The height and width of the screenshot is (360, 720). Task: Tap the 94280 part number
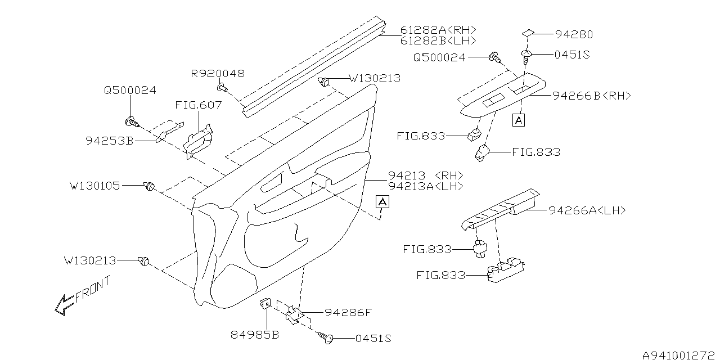pyautogui.click(x=573, y=34)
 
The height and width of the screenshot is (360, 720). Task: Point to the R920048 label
pyautogui.click(x=218, y=74)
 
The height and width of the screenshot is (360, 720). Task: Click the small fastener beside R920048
pyautogui.click(x=222, y=87)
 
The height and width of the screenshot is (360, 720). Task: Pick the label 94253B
pyautogui.click(x=110, y=141)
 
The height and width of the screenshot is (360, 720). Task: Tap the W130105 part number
pyautogui.click(x=94, y=185)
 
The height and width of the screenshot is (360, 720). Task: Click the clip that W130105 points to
pyautogui.click(x=149, y=187)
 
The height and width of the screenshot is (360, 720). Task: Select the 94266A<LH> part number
pyautogui.click(x=587, y=210)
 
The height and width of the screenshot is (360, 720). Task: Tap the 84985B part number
pyautogui.click(x=255, y=336)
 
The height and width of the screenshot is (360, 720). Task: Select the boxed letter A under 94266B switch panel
pyautogui.click(x=519, y=119)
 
